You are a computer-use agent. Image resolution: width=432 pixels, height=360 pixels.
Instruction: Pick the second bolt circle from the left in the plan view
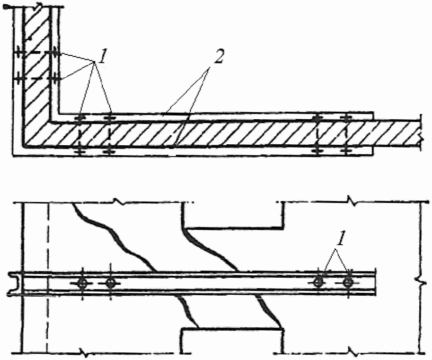pyautogui.click(x=111, y=283)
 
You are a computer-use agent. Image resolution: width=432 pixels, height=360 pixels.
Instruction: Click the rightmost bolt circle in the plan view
pyautogui.click(x=348, y=282)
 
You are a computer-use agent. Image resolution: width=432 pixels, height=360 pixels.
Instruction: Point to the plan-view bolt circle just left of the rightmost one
pyautogui.click(x=318, y=282)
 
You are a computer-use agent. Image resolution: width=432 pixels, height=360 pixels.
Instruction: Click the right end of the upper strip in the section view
pyautogui.click(x=374, y=116)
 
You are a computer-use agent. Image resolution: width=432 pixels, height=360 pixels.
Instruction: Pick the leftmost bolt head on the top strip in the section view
pyautogui.click(x=81, y=116)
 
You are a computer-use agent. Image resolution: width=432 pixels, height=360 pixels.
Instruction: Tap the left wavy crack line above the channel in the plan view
pyautogui.click(x=114, y=237)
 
